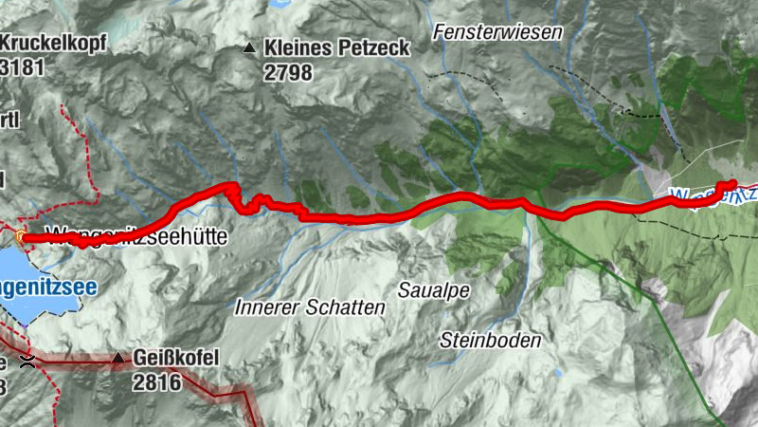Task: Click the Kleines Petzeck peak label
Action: [337, 46]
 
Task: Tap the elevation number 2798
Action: [289, 73]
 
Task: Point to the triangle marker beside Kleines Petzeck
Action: [249, 47]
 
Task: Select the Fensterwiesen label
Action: [497, 32]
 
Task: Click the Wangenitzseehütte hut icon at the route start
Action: [20, 234]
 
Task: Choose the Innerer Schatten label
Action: [310, 307]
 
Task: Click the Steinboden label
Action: [490, 340]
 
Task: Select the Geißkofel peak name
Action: [176, 358]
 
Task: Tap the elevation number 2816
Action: [156, 382]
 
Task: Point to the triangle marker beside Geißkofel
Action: [117, 359]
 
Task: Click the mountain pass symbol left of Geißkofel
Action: [28, 360]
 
